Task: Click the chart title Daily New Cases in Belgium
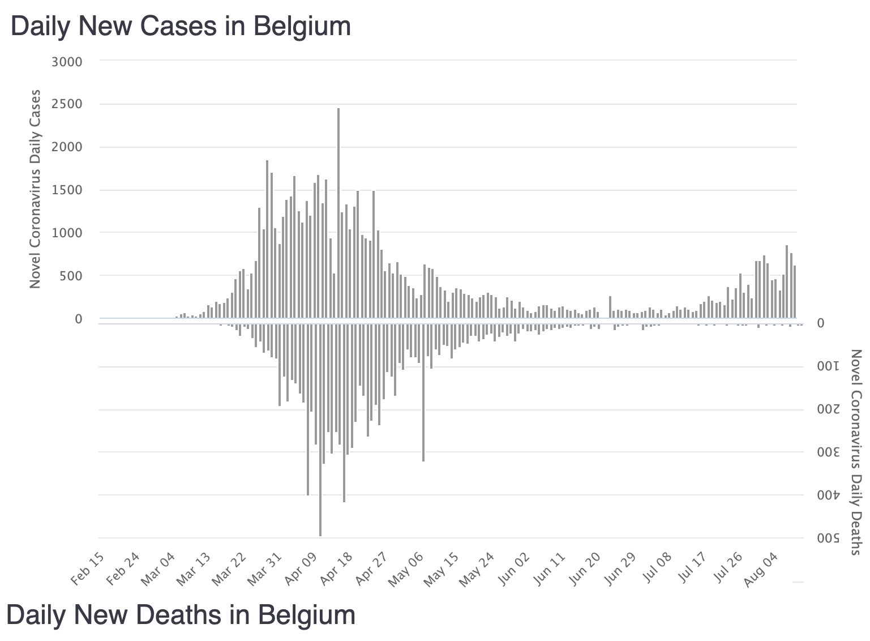(181, 27)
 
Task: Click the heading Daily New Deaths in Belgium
(181, 615)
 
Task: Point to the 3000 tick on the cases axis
(67, 61)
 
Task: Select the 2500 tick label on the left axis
(67, 104)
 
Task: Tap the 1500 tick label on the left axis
(67, 190)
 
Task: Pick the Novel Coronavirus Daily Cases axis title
(35, 189)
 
